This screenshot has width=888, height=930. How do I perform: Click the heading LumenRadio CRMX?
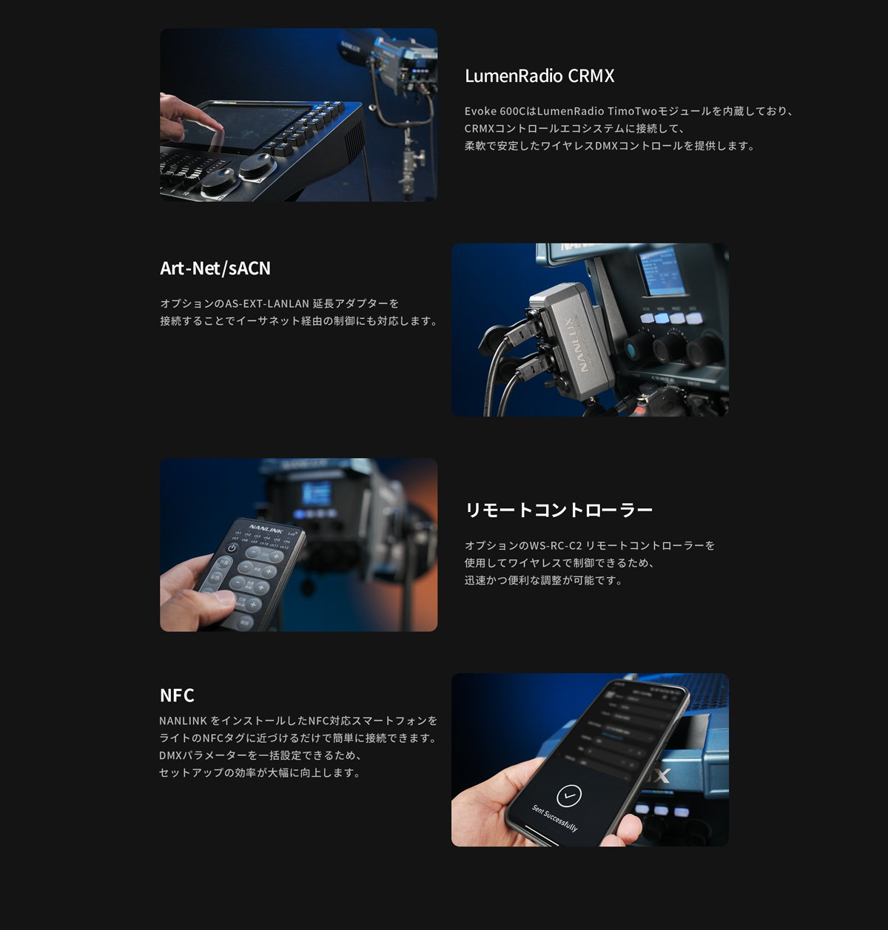coord(539,76)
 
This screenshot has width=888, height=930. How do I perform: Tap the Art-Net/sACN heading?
coord(215,268)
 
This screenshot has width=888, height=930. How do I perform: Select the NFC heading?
coord(177,695)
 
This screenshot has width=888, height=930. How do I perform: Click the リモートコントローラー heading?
coord(559,511)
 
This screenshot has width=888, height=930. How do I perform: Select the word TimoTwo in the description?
coord(630,111)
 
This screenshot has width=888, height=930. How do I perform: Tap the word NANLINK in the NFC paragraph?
coord(183,721)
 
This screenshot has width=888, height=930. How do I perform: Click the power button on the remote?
coord(232,548)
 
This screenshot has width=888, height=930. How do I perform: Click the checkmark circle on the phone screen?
coord(568,795)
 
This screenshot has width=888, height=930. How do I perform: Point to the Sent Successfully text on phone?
coord(554,818)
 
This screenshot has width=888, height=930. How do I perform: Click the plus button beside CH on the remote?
coord(276,556)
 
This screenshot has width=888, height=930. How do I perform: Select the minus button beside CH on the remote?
coord(255,552)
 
